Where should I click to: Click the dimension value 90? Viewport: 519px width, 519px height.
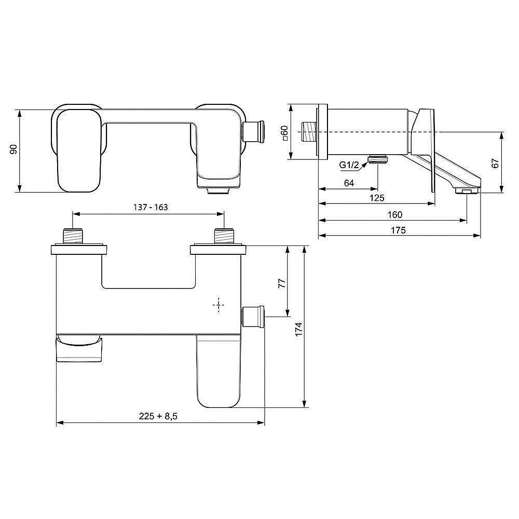15,149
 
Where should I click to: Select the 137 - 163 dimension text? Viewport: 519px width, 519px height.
148,207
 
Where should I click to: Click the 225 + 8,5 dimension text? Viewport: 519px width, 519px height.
158,416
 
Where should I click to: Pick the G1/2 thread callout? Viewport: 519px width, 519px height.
349,165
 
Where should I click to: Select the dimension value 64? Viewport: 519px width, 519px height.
348,183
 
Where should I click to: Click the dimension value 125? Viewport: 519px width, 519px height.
376,198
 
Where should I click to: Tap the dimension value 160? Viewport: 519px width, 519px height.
394,214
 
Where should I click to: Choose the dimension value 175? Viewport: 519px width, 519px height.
398,230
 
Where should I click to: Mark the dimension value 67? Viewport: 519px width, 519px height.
496,162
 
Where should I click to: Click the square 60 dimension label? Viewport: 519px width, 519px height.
284,133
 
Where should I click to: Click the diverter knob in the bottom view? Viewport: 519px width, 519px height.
254,316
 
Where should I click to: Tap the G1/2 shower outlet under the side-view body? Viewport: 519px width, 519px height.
378,159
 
